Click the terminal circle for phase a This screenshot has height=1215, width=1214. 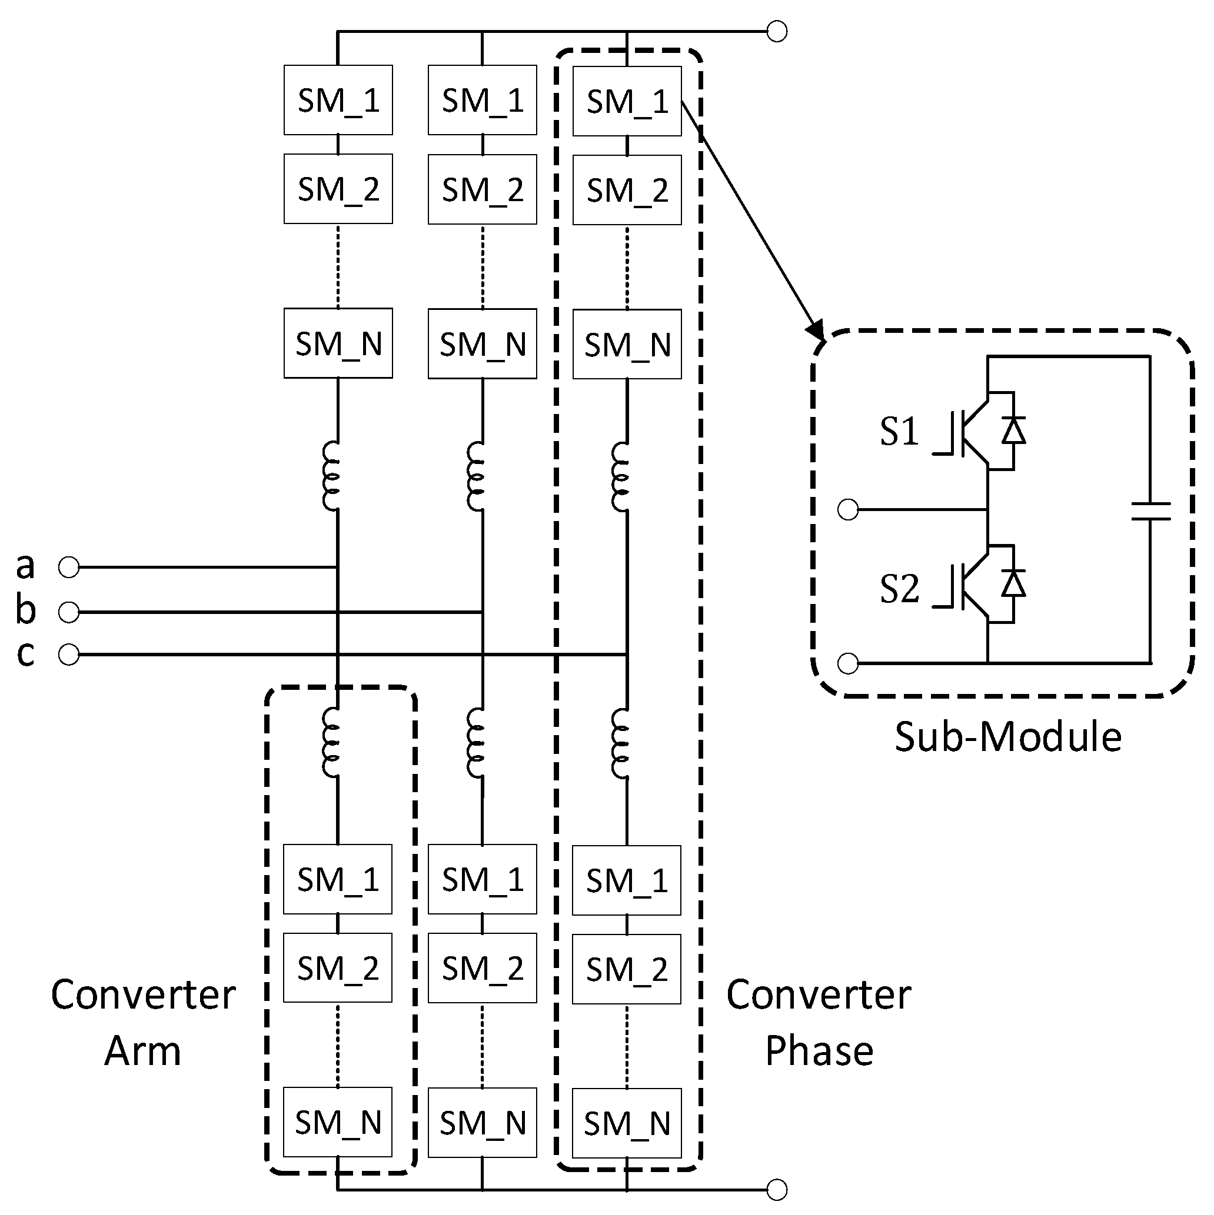point(69,568)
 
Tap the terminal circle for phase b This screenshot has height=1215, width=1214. point(69,612)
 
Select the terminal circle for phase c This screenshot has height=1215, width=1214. point(69,655)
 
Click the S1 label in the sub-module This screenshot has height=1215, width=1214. point(899,432)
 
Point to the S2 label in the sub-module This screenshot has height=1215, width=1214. point(899,589)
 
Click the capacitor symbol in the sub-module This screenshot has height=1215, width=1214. point(1150,510)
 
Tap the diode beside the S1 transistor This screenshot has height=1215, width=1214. point(1013,432)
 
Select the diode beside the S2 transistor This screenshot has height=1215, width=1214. point(1013,583)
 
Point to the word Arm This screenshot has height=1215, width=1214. point(143,1051)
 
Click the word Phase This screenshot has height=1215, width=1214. point(819,1051)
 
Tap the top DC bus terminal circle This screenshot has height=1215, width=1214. point(777,31)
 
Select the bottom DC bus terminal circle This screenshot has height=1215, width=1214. point(777,1190)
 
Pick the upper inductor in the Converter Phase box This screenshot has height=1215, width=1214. point(620,476)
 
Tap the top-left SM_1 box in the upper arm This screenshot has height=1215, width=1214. point(338,100)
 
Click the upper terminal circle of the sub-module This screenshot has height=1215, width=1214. point(849,509)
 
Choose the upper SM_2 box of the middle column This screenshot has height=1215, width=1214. point(482,189)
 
